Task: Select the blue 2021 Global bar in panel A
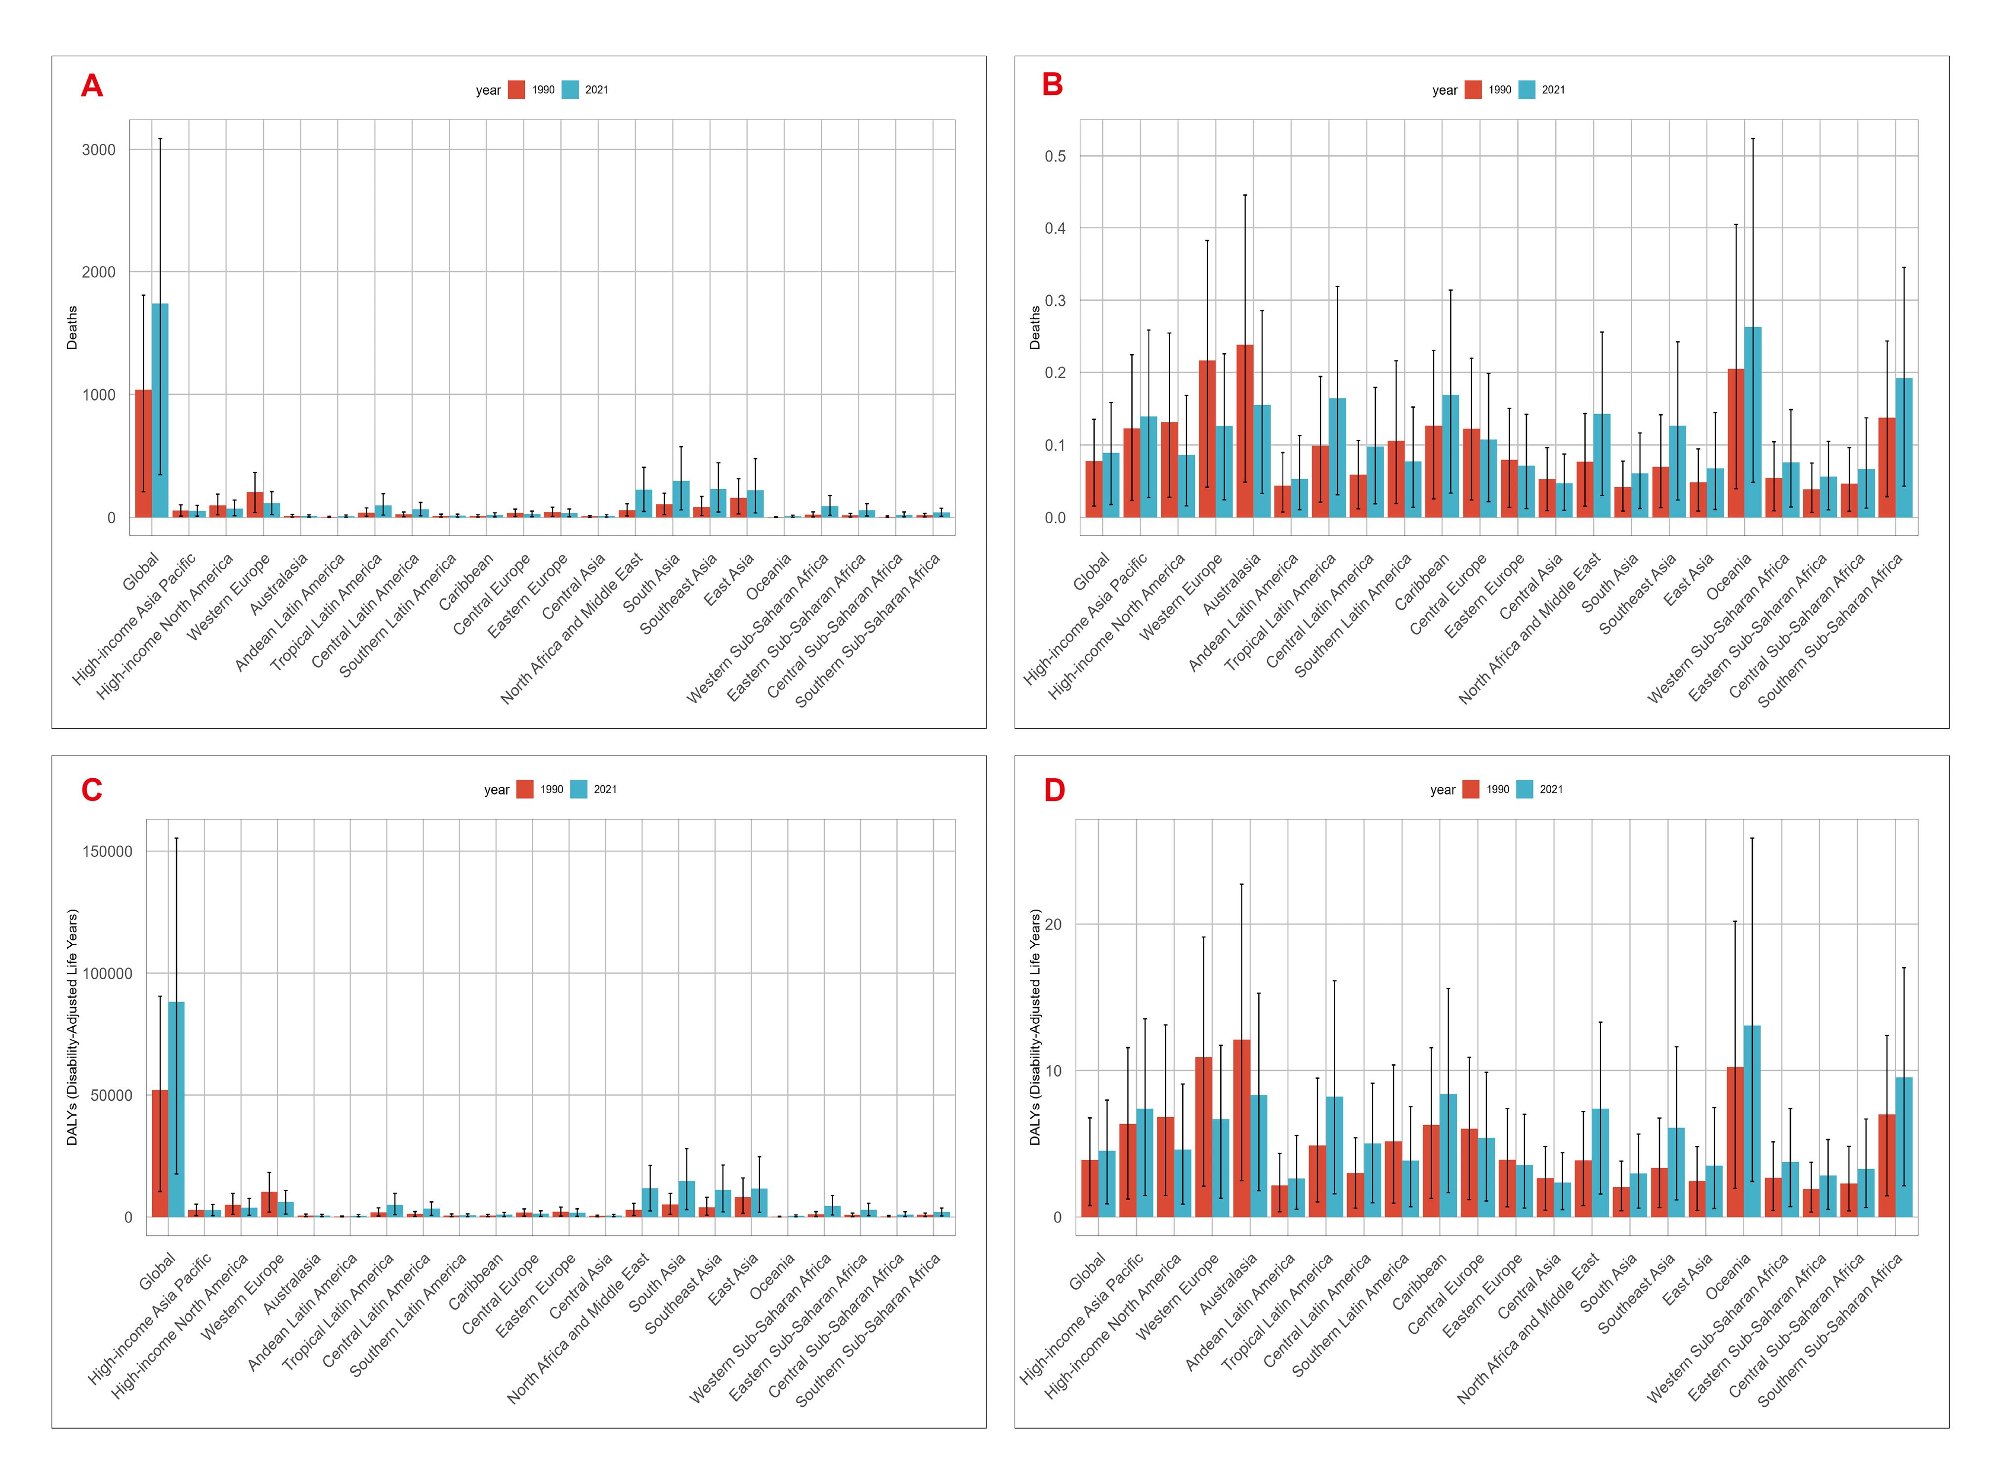160,411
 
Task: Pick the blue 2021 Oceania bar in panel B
1752,422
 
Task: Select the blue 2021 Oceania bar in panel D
1751,1121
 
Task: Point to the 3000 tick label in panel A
99,150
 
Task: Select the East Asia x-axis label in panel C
733,1280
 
